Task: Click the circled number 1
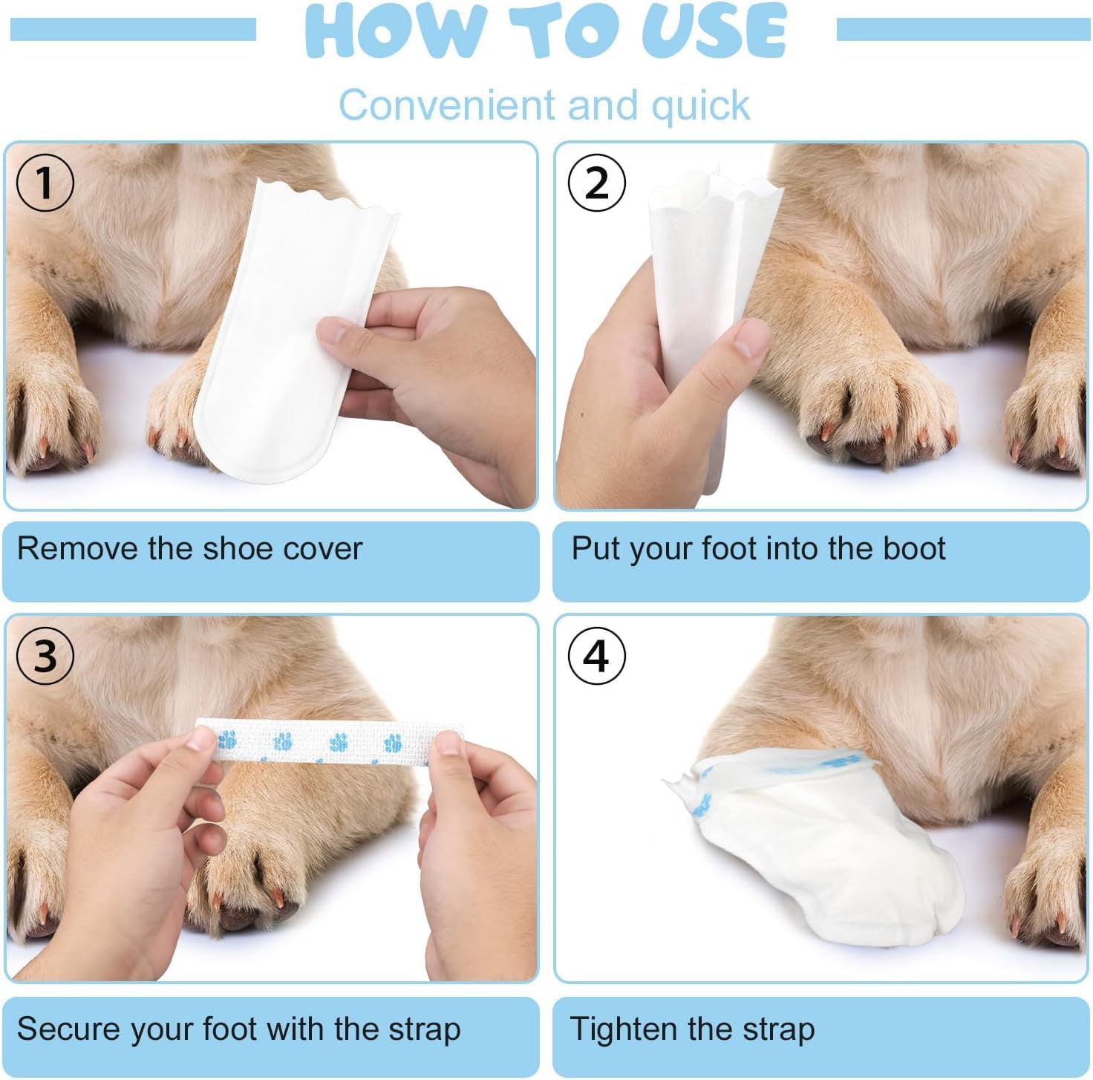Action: (x=45, y=183)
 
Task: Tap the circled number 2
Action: (x=596, y=183)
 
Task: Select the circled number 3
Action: (x=45, y=655)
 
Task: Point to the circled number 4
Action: (x=596, y=655)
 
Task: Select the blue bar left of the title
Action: (x=134, y=30)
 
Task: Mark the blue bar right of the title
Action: (x=963, y=30)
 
